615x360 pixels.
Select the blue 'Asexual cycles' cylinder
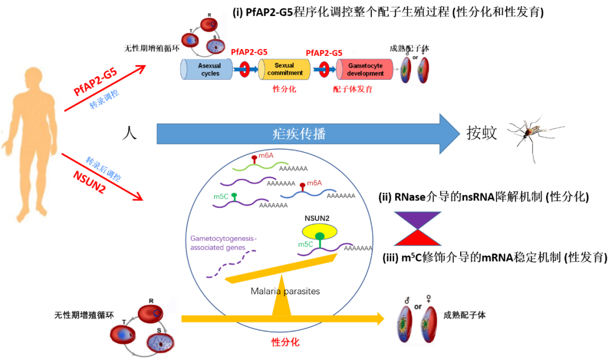pyautogui.click(x=208, y=69)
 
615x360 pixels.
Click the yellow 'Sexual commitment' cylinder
pyautogui.click(x=284, y=69)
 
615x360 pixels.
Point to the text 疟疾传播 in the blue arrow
pyautogui.click(x=299, y=134)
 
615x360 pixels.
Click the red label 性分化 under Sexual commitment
pyautogui.click(x=285, y=89)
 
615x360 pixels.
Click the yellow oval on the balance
pyautogui.click(x=319, y=231)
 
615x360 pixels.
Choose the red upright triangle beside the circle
pyautogui.click(x=417, y=238)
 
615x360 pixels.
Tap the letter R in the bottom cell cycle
pyautogui.click(x=151, y=301)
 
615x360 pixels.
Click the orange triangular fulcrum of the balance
pyautogui.click(x=281, y=296)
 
